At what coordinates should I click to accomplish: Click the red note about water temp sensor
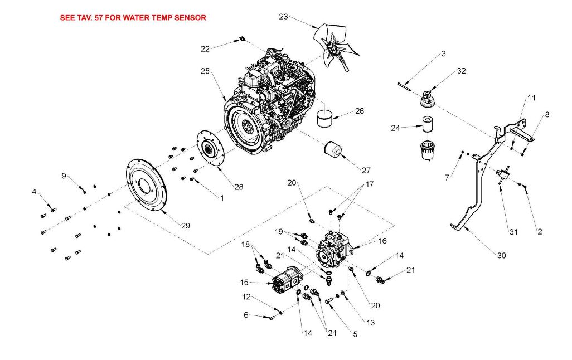tap(133, 17)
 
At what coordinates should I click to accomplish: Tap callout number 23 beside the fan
tap(283, 17)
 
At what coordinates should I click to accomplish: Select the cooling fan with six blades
tap(336, 47)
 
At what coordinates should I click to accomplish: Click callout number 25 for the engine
tap(205, 71)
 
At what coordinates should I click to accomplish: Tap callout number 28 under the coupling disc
tap(239, 187)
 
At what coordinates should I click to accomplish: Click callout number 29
tap(186, 226)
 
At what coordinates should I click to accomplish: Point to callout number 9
tap(64, 176)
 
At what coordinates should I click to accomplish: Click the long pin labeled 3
tap(404, 86)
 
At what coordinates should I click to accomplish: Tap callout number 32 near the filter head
tap(462, 71)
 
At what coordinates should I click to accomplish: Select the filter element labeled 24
tap(428, 124)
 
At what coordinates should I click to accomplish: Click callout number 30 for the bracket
tap(502, 256)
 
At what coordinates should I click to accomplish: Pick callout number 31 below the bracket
tap(513, 232)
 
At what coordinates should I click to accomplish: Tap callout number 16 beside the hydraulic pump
tap(382, 241)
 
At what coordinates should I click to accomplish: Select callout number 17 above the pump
tap(370, 184)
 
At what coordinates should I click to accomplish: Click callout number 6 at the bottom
tap(246, 315)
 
